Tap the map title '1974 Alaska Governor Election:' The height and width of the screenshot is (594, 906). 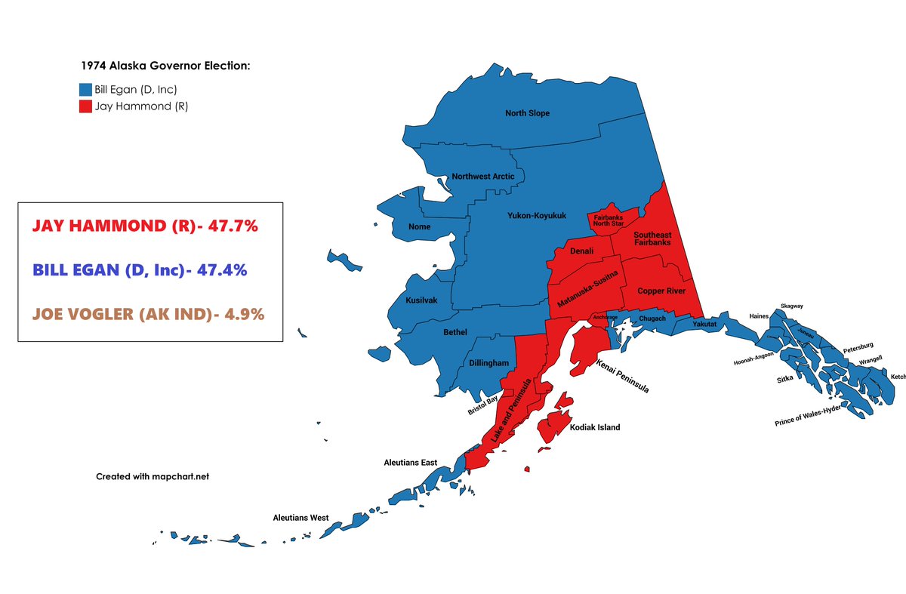pyautogui.click(x=165, y=66)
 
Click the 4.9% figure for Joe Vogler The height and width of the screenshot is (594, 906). pyautogui.click(x=239, y=314)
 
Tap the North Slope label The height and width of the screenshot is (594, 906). pyautogui.click(x=527, y=113)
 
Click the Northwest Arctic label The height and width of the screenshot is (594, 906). pyautogui.click(x=482, y=177)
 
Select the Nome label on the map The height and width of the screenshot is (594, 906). pyautogui.click(x=419, y=226)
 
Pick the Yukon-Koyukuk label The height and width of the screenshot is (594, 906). pyautogui.click(x=535, y=215)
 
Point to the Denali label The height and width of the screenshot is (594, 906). pyautogui.click(x=581, y=251)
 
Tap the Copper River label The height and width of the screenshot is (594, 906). pyautogui.click(x=660, y=291)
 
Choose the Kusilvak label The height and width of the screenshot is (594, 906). pyautogui.click(x=421, y=300)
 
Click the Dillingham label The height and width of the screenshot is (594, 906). pyautogui.click(x=488, y=363)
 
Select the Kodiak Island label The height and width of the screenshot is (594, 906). pyautogui.click(x=595, y=427)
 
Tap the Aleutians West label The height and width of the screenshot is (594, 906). pyautogui.click(x=300, y=518)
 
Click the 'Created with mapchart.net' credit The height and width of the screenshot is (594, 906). pyautogui.click(x=152, y=476)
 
